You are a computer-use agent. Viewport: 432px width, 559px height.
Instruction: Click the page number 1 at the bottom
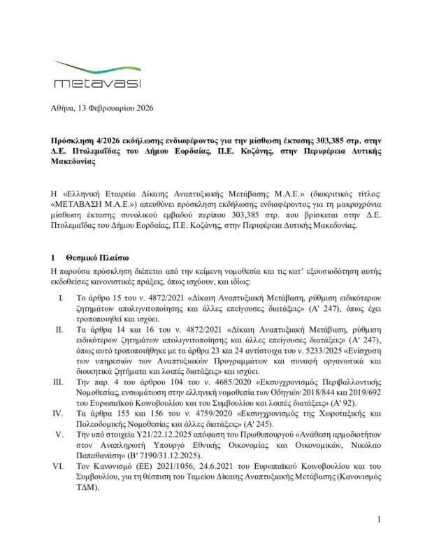(x=377, y=539)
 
